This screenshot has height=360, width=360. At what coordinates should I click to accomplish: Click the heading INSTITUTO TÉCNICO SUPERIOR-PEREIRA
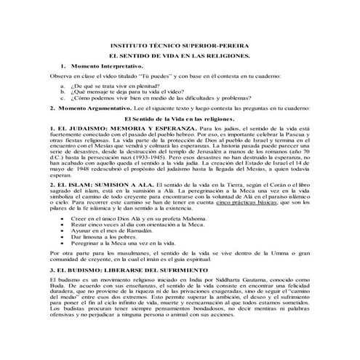(180, 44)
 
